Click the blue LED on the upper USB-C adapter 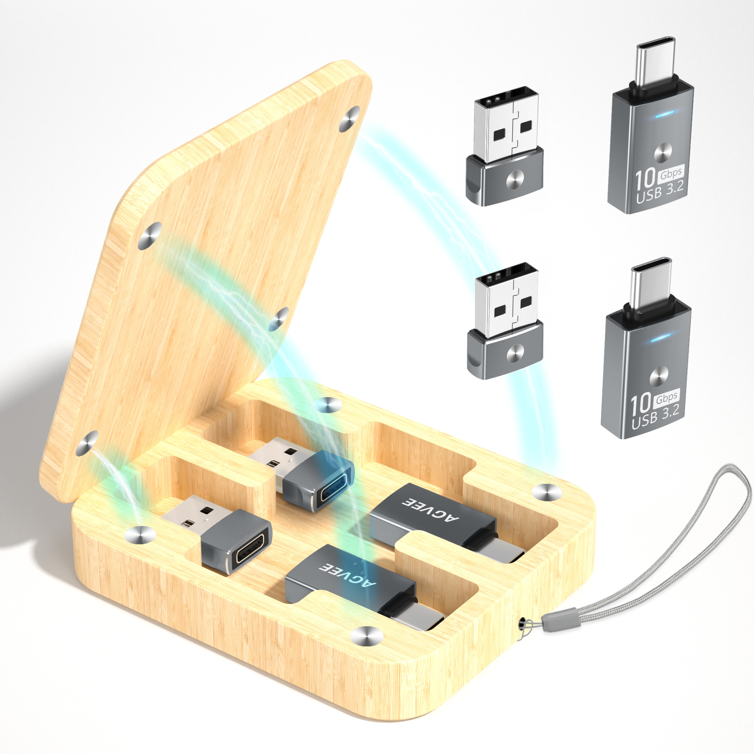tap(665, 115)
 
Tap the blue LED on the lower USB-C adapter tap(661, 337)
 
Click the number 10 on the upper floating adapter tap(645, 178)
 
